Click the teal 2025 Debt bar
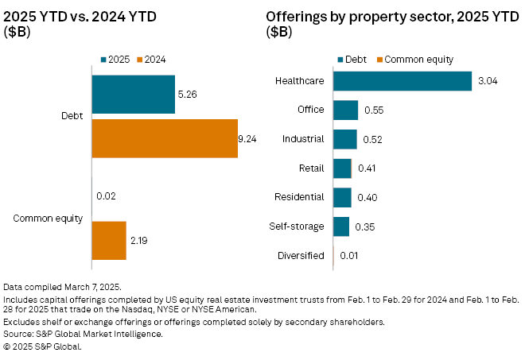point(134,95)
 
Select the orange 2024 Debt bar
point(165,138)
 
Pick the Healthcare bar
point(402,81)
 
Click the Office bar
point(345,110)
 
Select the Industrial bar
point(344,139)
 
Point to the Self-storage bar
point(341,226)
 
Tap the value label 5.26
point(188,95)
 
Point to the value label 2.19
point(139,240)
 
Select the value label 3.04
point(485,81)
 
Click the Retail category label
point(310,168)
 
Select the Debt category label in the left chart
point(71,117)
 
